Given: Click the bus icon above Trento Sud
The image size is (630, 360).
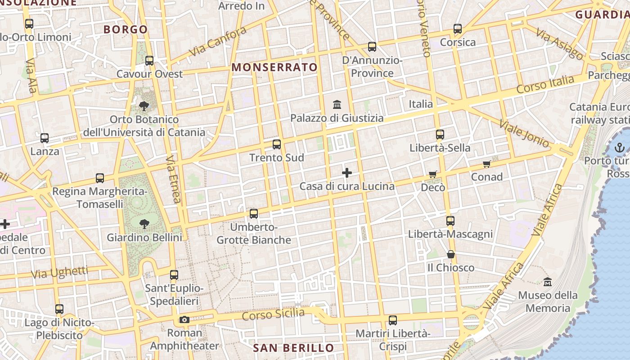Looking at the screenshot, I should coord(277,144).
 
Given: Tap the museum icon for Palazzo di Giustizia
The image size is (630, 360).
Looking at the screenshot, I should coord(337,105).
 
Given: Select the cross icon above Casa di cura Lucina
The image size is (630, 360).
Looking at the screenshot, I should coord(347,173).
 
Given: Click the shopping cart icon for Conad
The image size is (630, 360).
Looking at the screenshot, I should coord(486,164).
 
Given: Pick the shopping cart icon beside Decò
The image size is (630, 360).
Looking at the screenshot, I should coord(432,174).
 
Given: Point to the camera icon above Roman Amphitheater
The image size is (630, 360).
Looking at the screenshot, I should coord(184,320).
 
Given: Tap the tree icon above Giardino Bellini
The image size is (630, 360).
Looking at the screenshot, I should coord(144,224).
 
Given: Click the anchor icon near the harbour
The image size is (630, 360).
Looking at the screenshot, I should coord(620,147).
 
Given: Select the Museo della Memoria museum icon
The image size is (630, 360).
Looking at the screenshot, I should coord(548,282).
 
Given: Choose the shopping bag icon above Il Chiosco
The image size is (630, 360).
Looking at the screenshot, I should coord(450,255).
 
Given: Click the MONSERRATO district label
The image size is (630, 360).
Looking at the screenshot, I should coord(274,67).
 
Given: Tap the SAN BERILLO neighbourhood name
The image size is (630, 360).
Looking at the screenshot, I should coord(293,348).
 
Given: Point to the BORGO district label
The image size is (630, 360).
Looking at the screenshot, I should coord(126,30).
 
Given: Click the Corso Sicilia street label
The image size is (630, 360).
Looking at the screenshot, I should coord(273,314).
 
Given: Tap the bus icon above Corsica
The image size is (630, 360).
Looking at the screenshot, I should coord(458,29).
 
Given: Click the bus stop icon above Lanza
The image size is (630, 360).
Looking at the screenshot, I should coord(45,138).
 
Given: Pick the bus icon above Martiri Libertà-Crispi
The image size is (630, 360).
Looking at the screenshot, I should coord(393,320).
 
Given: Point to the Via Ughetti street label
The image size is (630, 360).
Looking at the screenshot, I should coord(60,272).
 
